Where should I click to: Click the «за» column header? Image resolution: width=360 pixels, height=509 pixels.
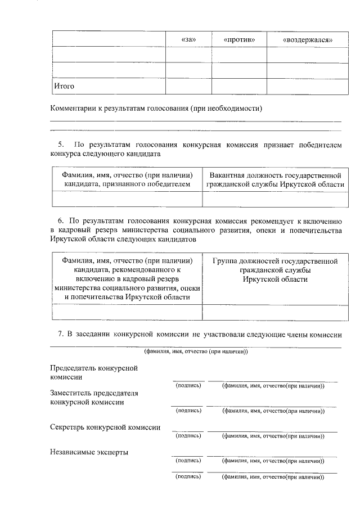[187, 40]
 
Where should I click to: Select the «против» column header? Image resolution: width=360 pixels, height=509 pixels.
[238, 40]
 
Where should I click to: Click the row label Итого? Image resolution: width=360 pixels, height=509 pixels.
[64, 86]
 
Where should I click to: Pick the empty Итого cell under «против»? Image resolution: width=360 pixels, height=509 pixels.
[238, 86]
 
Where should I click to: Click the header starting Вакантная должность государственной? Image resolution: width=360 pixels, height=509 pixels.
[275, 179]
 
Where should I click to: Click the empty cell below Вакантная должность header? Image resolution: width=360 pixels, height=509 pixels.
[275, 200]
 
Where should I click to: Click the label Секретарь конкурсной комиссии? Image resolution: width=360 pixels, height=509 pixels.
[105, 427]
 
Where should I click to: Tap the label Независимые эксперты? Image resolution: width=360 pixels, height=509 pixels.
[89, 452]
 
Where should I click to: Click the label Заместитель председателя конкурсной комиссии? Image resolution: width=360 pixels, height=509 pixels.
[94, 398]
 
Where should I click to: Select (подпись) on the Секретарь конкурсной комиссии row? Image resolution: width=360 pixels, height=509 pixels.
[188, 435]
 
